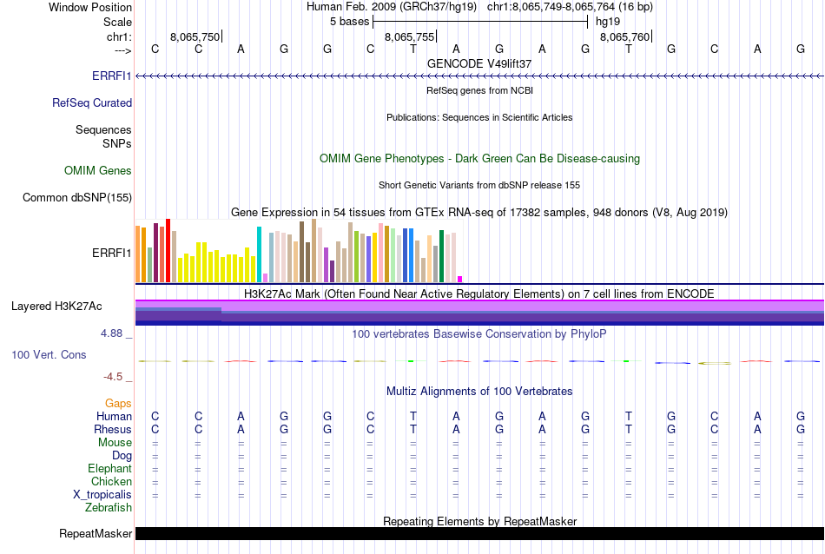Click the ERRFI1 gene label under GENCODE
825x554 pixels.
coord(112,76)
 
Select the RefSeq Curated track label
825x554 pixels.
coord(92,103)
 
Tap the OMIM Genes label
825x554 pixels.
coord(98,171)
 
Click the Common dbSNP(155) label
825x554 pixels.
coord(77,198)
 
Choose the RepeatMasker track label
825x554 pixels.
coord(96,533)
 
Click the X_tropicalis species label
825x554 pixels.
coord(102,495)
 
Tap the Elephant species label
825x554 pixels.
coord(109,469)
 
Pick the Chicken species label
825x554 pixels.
coord(111,482)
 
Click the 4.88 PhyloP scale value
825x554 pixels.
coord(114,333)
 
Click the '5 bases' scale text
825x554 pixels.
coord(350,21)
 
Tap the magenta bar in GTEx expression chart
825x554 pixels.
coord(459,279)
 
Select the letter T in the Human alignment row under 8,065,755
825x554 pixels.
coord(413,417)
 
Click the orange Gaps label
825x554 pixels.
coord(119,404)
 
